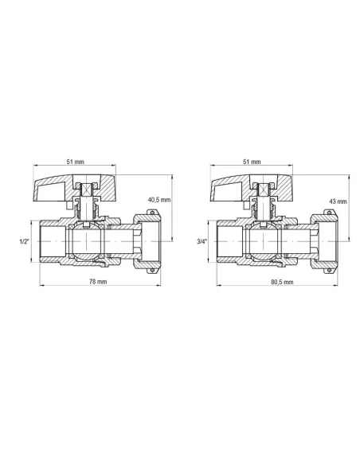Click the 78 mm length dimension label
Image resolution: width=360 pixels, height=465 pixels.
point(98,281)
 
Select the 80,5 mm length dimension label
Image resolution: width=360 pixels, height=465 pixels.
point(282,282)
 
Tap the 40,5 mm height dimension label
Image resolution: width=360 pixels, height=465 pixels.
point(159,200)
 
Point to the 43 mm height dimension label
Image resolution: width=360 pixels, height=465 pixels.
point(338,201)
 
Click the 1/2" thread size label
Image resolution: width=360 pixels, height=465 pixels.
point(24,241)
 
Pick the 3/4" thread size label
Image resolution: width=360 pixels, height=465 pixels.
point(202,241)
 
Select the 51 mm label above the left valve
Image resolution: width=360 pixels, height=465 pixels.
point(75,162)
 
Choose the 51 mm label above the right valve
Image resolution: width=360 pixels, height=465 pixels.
point(252,162)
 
